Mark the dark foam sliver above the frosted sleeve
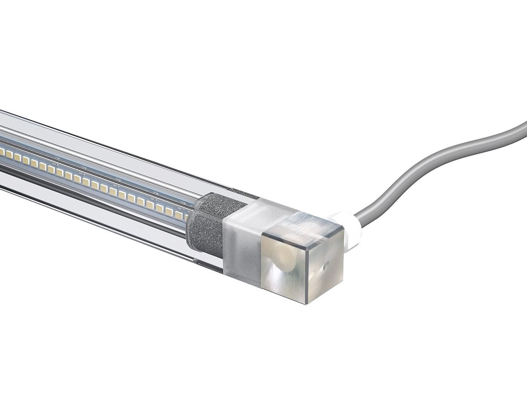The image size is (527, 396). pyautogui.click(x=245, y=195)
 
